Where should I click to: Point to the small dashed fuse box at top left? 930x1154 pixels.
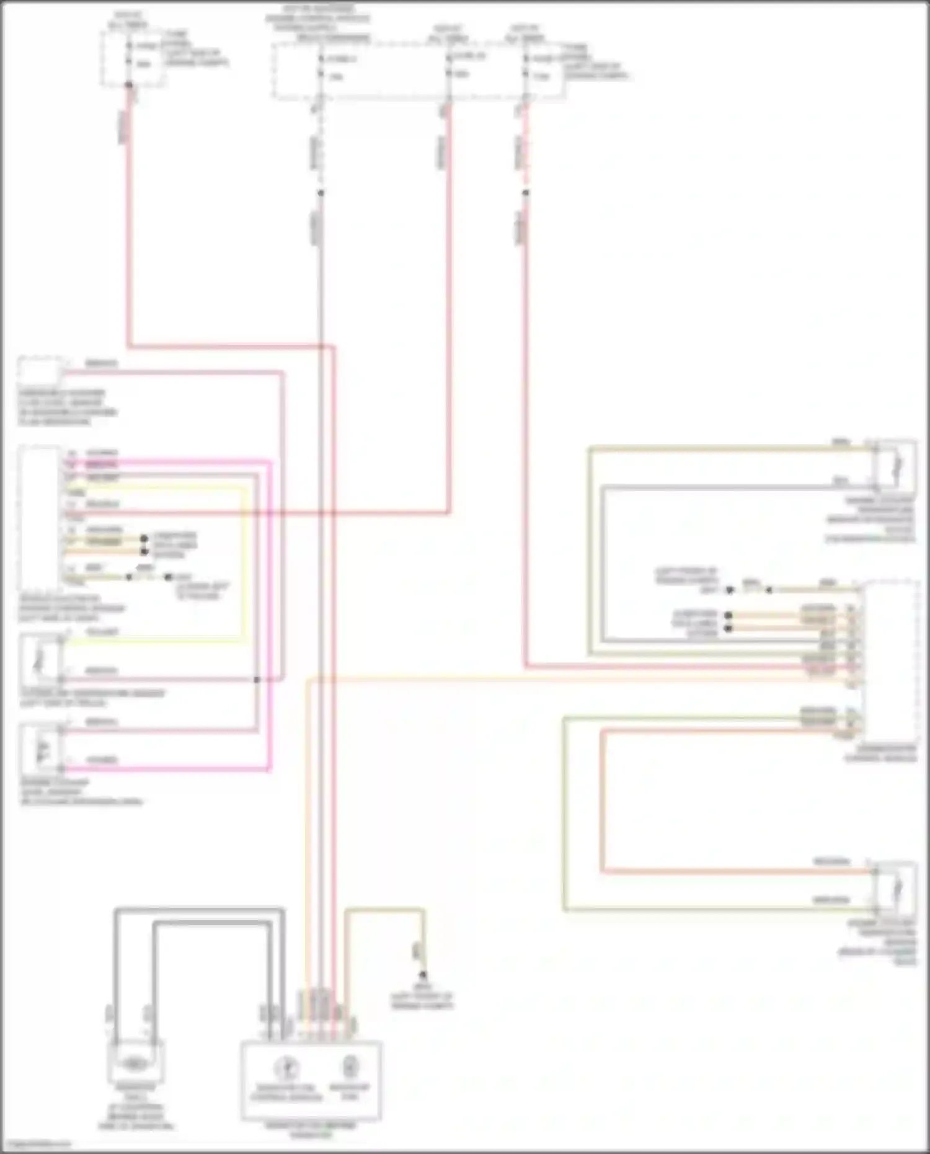coord(133,57)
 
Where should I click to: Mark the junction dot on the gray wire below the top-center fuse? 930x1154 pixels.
coord(321,193)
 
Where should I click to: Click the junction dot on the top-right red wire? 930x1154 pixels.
coord(525,193)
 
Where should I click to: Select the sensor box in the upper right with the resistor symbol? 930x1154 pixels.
coord(895,466)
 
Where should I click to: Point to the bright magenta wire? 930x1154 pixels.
coord(270,620)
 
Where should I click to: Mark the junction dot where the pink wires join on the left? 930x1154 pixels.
coord(257,680)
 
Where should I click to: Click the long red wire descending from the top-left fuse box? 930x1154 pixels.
coord(129,236)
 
